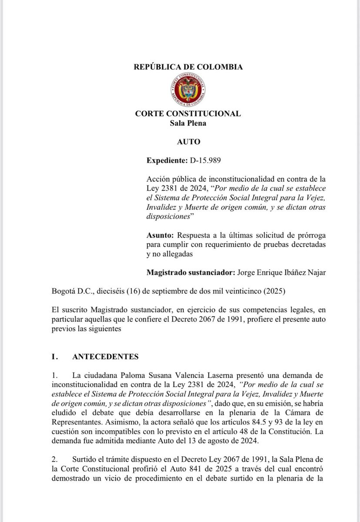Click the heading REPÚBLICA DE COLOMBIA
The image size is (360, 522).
coord(188,67)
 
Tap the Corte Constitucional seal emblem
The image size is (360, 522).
coord(188,90)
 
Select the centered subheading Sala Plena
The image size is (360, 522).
coord(188,123)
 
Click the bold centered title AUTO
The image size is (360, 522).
coord(188,142)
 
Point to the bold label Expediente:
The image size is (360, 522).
coord(166,161)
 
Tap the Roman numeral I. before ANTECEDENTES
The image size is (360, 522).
coord(55,357)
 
